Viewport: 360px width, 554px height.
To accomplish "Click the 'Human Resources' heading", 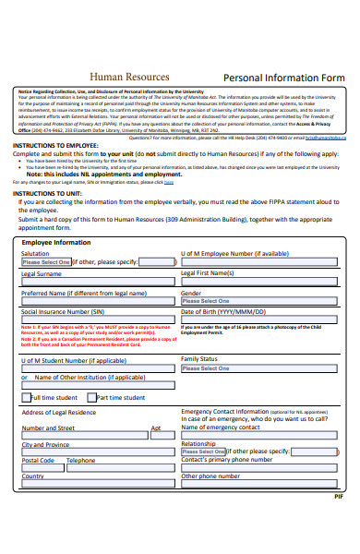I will pos(128,77).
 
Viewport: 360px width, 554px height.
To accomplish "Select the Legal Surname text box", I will pos(97,283).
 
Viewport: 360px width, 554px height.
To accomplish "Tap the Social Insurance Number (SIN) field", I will pos(97,322).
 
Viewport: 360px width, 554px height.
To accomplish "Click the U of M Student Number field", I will pos(97,368).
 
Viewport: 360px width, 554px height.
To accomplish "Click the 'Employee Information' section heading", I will pos(56,242).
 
